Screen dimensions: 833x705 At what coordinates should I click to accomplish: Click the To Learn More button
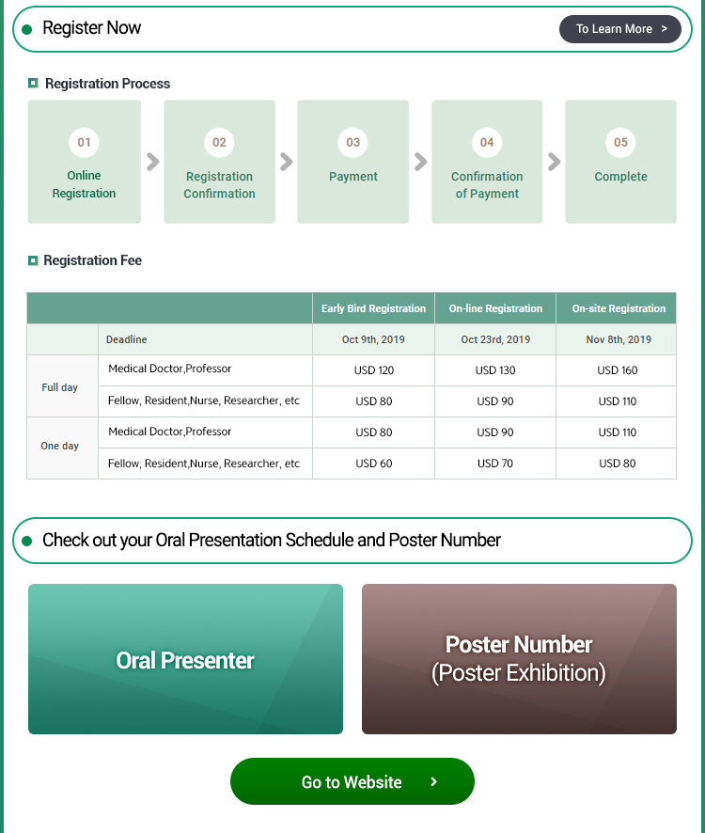(x=619, y=29)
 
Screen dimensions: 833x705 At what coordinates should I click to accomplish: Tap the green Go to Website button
(x=352, y=781)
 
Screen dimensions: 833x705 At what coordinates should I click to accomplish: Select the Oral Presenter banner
(x=185, y=659)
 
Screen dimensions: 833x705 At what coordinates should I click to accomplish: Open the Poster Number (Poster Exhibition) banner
(x=519, y=659)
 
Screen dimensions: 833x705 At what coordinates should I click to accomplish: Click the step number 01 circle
(x=85, y=143)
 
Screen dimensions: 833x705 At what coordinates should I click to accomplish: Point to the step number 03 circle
(x=353, y=143)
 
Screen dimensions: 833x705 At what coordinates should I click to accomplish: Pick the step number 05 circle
(x=620, y=143)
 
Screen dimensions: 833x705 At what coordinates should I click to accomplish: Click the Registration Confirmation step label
(x=219, y=185)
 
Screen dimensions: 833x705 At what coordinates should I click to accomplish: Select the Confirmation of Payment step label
(x=487, y=185)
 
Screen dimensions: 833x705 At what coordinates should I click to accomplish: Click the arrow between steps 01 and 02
(x=152, y=162)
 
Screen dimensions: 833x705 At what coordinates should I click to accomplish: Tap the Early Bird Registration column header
(x=373, y=308)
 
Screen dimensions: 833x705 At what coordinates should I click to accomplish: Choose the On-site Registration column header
(x=619, y=308)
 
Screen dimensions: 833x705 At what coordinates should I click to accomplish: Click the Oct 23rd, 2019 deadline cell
(x=495, y=339)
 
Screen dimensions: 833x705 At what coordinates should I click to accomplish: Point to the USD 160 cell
(x=618, y=370)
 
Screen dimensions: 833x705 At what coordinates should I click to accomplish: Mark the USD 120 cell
(x=374, y=370)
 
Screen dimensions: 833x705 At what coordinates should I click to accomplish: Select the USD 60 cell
(x=374, y=464)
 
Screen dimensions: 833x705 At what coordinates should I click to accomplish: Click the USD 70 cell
(x=495, y=464)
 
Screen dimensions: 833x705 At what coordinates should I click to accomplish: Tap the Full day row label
(x=60, y=387)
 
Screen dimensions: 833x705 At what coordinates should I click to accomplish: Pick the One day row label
(x=60, y=446)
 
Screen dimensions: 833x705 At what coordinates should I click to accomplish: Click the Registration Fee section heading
(x=92, y=260)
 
